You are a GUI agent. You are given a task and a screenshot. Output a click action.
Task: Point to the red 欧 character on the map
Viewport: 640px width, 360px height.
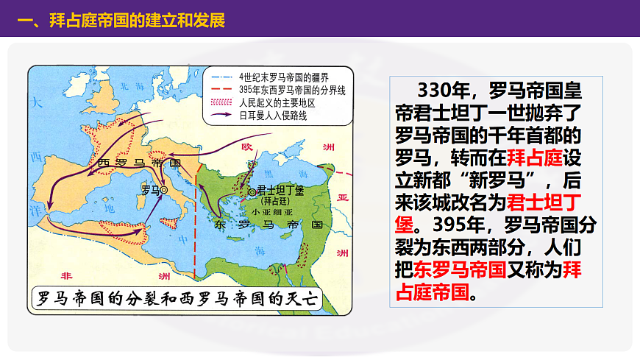[248, 147]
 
